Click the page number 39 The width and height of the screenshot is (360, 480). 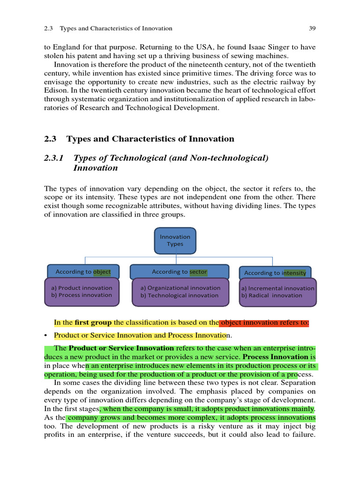click(312, 29)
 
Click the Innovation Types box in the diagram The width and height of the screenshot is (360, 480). click(175, 240)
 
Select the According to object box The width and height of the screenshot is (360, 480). click(83, 271)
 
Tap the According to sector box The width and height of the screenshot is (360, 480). click(179, 271)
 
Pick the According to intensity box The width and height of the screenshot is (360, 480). click(275, 273)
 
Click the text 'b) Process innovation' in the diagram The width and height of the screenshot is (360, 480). click(82, 295)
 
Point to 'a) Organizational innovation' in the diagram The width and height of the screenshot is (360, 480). click(180, 288)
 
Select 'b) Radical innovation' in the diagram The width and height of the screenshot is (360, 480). click(272, 295)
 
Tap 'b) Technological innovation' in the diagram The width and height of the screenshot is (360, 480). click(179, 295)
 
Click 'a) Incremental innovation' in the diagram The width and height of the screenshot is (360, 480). click(277, 288)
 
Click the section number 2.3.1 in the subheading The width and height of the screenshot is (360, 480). click(53, 158)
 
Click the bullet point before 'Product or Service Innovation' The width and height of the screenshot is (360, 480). click(46, 336)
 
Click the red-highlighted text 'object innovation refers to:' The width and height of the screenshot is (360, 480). click(264, 322)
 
